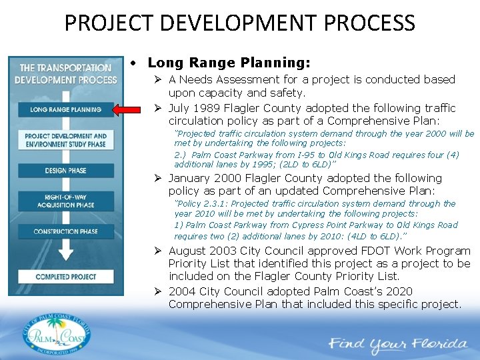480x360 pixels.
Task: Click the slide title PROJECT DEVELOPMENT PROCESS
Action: click(239, 23)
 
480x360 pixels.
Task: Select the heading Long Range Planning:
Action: click(229, 63)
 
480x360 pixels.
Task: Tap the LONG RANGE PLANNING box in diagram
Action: click(65, 109)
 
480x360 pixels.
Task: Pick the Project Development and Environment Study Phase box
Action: click(65, 140)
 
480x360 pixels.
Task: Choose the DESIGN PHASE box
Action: click(65, 171)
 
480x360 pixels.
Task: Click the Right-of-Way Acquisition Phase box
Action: click(65, 201)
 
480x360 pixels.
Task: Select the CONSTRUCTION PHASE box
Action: click(65, 231)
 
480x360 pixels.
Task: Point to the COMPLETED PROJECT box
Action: click(65, 277)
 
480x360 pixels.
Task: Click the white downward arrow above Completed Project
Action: click(65, 253)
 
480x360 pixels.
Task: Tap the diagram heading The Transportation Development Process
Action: click(65, 73)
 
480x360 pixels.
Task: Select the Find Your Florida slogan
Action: click(398, 345)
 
